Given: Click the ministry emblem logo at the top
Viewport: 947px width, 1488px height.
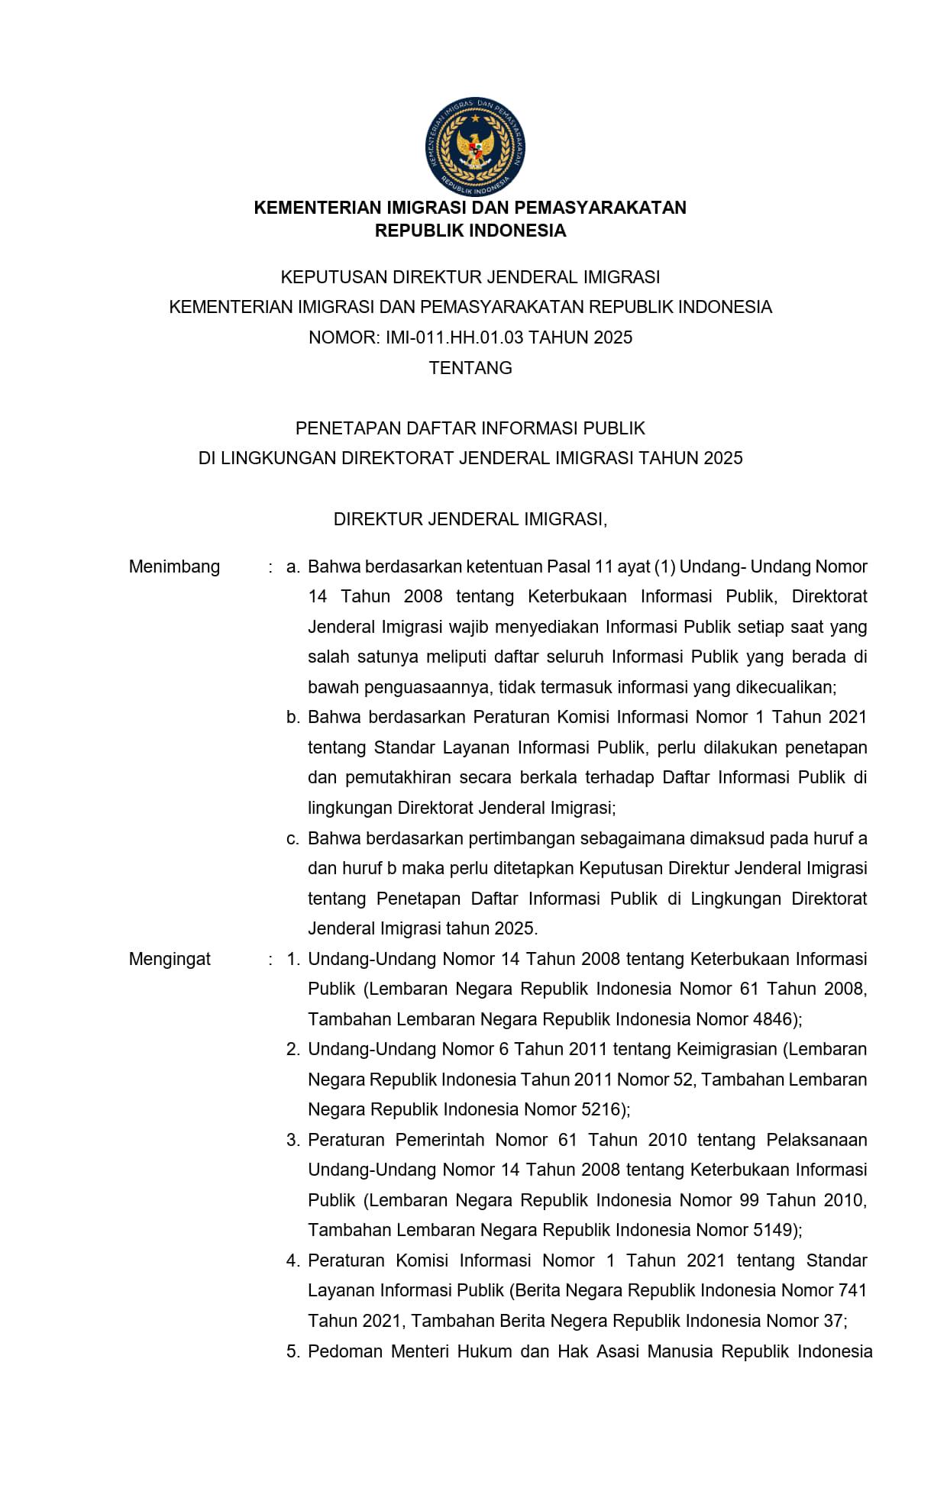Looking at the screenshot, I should click(475, 146).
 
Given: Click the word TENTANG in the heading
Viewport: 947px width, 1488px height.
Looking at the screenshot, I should click(470, 368).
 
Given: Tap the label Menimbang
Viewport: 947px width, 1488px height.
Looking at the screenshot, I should click(174, 566).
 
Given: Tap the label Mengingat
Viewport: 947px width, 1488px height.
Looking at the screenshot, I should click(170, 959).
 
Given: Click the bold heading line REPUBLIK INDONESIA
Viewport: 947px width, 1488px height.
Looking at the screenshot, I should click(470, 231).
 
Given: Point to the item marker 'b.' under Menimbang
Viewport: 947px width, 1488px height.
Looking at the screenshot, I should click(293, 717).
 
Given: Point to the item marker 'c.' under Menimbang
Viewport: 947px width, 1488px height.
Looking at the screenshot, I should click(293, 838).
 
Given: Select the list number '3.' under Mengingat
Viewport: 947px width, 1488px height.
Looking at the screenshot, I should click(293, 1140).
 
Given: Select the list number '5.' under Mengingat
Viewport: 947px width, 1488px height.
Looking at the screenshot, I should click(293, 1351).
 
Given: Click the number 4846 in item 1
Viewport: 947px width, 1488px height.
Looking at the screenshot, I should click(772, 1019).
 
